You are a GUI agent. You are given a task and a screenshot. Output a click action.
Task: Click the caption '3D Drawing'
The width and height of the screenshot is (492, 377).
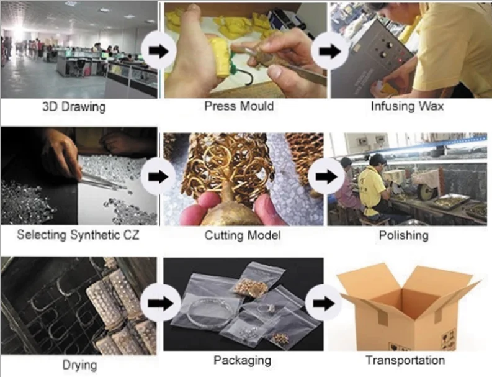coord(74,106)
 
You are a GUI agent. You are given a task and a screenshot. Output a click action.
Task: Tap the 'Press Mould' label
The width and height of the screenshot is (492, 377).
coord(239,106)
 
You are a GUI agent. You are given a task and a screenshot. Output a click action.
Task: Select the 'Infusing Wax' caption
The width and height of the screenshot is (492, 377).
coord(407,106)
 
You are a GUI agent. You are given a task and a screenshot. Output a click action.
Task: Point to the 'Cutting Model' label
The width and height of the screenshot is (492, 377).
coord(243,235)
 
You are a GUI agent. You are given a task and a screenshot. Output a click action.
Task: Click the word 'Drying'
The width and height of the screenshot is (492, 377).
coord(79,364)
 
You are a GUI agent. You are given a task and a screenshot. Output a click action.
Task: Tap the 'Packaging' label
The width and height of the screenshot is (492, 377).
coord(242,360)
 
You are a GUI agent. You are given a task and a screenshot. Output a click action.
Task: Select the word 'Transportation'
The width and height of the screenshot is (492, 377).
coord(405,360)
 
